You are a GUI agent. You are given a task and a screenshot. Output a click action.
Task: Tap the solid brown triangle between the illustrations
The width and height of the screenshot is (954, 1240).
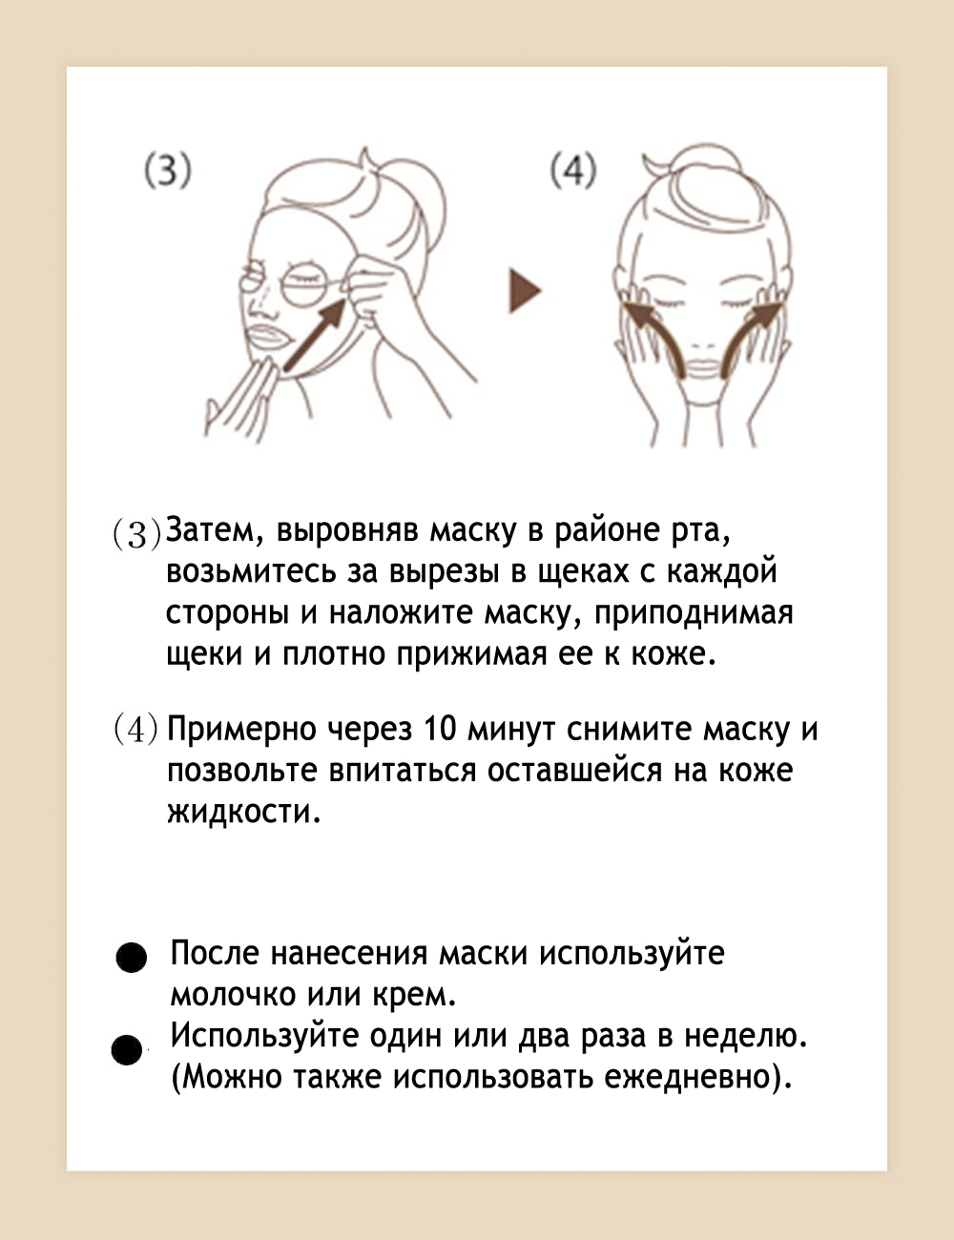click(525, 291)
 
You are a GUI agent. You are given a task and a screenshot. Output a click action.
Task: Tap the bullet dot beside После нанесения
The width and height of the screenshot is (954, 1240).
click(132, 957)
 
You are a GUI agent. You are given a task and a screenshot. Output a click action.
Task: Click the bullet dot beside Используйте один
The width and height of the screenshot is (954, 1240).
click(127, 1049)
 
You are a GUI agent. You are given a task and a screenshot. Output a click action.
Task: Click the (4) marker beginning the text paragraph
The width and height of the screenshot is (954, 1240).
click(135, 731)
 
